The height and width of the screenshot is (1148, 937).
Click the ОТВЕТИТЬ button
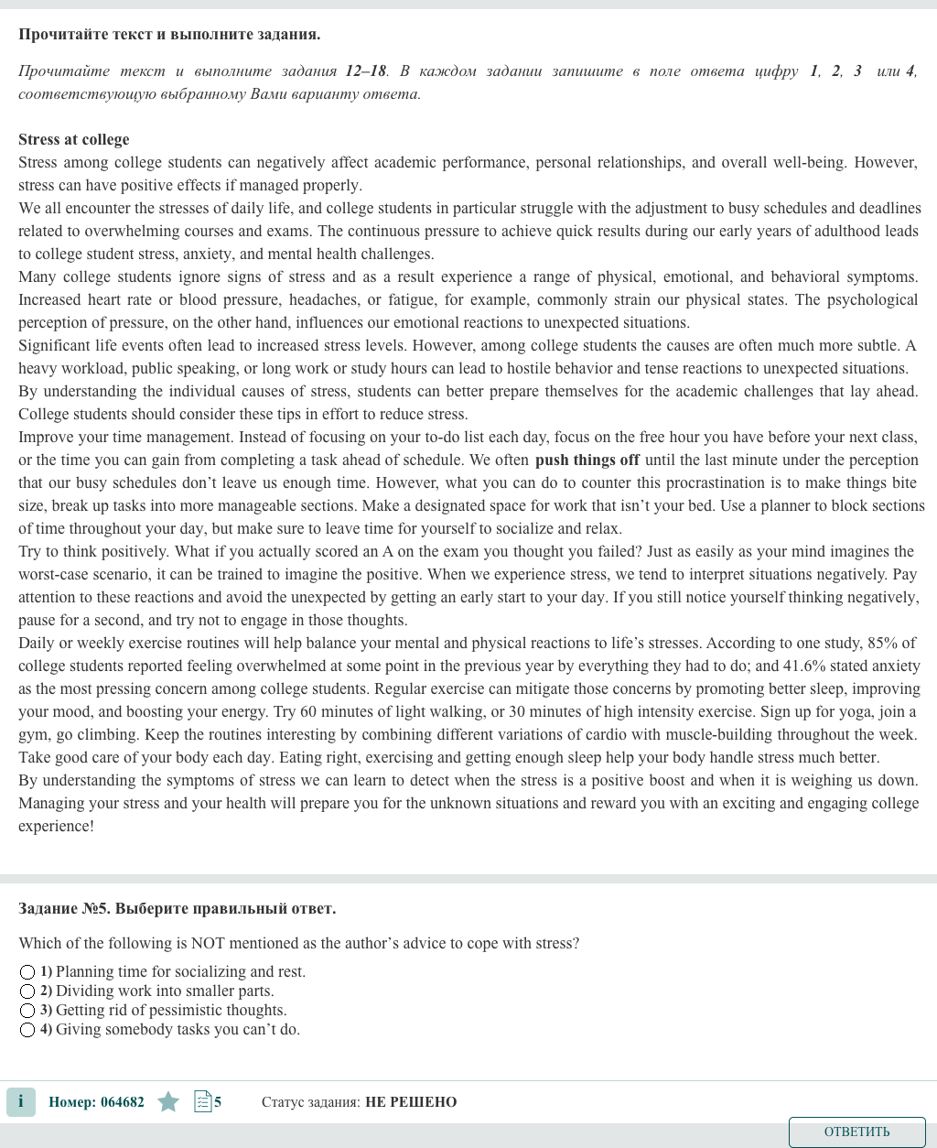click(x=856, y=1132)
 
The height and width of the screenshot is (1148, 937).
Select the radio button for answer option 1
click(x=27, y=972)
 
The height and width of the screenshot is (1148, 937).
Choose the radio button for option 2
click(x=27, y=991)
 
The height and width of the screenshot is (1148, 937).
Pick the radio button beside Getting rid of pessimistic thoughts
click(x=27, y=1011)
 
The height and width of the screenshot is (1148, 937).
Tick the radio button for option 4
click(x=27, y=1030)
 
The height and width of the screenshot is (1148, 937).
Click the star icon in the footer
click(x=168, y=1102)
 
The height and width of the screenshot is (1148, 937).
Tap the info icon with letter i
click(x=21, y=1101)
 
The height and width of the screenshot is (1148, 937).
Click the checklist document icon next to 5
click(x=203, y=1102)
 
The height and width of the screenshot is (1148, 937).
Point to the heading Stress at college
click(x=74, y=139)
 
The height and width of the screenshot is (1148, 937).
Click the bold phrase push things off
click(x=587, y=460)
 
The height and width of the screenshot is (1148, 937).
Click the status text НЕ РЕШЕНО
click(x=411, y=1102)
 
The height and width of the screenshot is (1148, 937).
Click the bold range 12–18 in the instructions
click(x=366, y=70)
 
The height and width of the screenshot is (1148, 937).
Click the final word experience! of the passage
click(x=57, y=826)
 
